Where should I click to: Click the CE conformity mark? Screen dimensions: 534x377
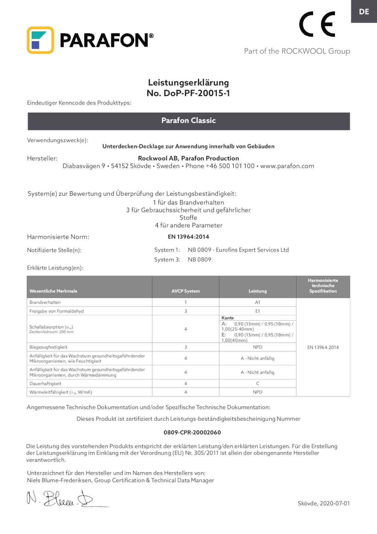(x=317, y=24)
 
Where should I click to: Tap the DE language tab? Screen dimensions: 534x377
(x=364, y=12)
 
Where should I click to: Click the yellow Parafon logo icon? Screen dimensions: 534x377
(x=40, y=40)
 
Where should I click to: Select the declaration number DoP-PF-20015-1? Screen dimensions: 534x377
(x=188, y=93)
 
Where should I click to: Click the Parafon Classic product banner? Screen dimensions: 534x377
(x=188, y=121)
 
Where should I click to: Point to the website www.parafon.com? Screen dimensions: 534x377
(x=287, y=166)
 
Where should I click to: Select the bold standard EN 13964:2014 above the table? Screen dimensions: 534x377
(x=188, y=237)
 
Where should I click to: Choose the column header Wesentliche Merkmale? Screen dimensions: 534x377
(x=53, y=291)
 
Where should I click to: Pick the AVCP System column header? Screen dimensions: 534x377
(x=185, y=291)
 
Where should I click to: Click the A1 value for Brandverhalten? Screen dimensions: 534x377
(x=257, y=302)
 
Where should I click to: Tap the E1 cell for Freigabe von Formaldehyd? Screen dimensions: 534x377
(x=257, y=311)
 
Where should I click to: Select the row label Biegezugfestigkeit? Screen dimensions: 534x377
(x=48, y=347)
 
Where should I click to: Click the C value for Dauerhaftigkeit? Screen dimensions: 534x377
(x=257, y=383)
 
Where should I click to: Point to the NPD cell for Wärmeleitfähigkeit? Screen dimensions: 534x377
(x=257, y=392)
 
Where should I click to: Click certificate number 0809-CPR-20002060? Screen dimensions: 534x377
(x=192, y=432)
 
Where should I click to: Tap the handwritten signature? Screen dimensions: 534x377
(x=60, y=498)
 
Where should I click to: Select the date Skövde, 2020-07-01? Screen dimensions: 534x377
(x=323, y=503)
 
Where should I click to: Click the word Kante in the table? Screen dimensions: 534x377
(x=227, y=318)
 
